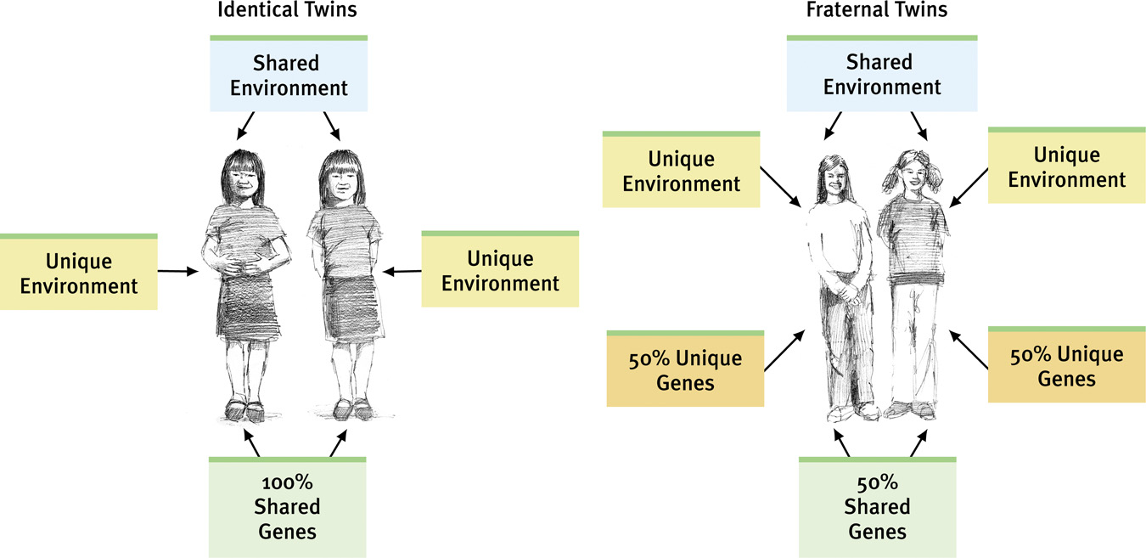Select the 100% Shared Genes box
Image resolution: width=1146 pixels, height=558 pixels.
pos(287,508)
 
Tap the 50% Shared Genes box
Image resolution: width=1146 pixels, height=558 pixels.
pos(878,508)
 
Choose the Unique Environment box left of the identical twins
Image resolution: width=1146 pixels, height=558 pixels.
pos(79,273)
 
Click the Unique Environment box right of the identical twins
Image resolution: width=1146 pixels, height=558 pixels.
pos(500,270)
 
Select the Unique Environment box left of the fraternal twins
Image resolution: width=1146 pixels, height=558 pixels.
pos(681,171)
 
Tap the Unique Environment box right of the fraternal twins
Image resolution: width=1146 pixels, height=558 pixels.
pos(1067,167)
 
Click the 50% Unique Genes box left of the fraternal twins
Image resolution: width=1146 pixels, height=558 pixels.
pos(686,370)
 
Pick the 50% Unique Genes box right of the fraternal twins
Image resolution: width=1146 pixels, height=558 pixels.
pos(1067,366)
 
